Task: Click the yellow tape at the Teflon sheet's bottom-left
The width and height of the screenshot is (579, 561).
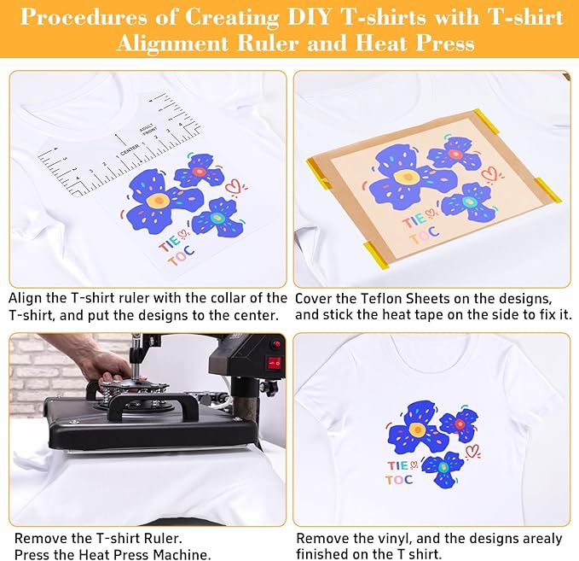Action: pyautogui.click(x=376, y=254)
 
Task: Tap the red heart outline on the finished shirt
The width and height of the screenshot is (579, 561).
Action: pyautogui.click(x=472, y=450)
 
